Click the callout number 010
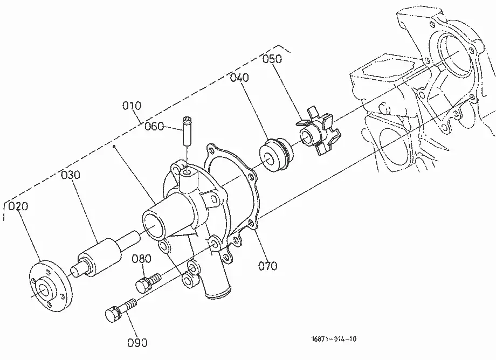click(x=132, y=106)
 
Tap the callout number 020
click(x=18, y=206)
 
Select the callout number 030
click(x=71, y=175)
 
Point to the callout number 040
click(x=239, y=78)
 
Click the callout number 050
click(x=272, y=59)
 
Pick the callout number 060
click(x=154, y=127)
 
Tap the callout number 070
click(x=268, y=266)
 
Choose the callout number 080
click(x=141, y=259)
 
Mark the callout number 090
click(x=137, y=343)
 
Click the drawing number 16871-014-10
click(x=334, y=339)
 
